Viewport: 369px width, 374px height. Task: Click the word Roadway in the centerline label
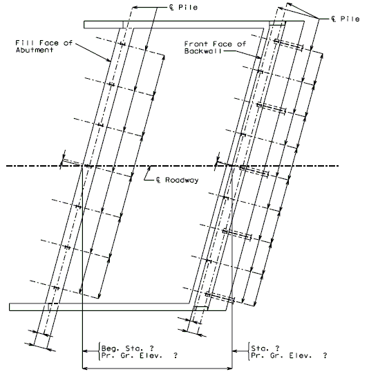(182, 180)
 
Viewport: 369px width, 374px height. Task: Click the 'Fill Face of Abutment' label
(44, 46)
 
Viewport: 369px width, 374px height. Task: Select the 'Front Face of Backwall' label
(215, 48)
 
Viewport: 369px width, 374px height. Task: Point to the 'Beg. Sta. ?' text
(128, 348)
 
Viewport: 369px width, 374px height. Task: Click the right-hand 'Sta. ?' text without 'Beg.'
(265, 348)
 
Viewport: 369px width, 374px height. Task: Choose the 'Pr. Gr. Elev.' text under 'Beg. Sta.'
(131, 355)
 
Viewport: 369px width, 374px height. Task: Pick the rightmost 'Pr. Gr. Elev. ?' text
(289, 355)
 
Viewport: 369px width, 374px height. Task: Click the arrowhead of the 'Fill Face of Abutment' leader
(109, 60)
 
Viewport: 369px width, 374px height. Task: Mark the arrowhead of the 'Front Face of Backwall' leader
(259, 57)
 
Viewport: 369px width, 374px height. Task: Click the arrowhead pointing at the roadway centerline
(150, 168)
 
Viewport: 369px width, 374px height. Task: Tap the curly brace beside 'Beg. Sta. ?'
(99, 351)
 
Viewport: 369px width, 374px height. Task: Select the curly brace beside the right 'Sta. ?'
(249, 351)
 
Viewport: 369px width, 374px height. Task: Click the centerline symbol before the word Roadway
(158, 180)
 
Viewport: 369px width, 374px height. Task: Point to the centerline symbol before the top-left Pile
(171, 7)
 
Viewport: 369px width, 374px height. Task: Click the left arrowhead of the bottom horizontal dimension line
(85, 368)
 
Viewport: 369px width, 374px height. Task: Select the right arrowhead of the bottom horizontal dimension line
(229, 368)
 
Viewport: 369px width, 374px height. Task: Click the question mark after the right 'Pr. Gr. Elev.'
(325, 355)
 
